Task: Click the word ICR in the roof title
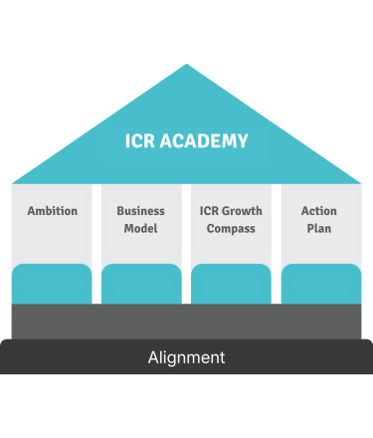point(141,141)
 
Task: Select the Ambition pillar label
point(53,211)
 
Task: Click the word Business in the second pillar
point(141,211)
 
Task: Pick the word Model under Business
point(141,228)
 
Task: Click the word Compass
point(231,228)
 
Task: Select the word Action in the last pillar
point(319,211)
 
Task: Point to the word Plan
point(319,228)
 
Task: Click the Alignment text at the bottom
point(186,357)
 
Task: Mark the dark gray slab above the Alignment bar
point(186,321)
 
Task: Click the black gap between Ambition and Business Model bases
point(96,296)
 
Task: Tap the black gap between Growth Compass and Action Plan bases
point(276,296)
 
